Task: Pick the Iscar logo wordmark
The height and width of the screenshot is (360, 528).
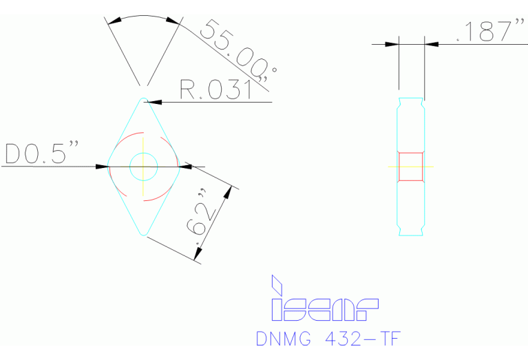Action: [x=324, y=310]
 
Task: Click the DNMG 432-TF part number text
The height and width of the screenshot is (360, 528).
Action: [x=328, y=339]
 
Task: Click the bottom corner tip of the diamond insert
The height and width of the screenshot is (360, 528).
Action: [x=144, y=233]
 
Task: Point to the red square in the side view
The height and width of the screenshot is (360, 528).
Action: [x=411, y=167]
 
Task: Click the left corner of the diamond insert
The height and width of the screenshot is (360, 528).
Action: [x=109, y=166]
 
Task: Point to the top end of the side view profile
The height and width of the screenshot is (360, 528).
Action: [x=411, y=99]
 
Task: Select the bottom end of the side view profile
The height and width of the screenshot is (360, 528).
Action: [x=411, y=235]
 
